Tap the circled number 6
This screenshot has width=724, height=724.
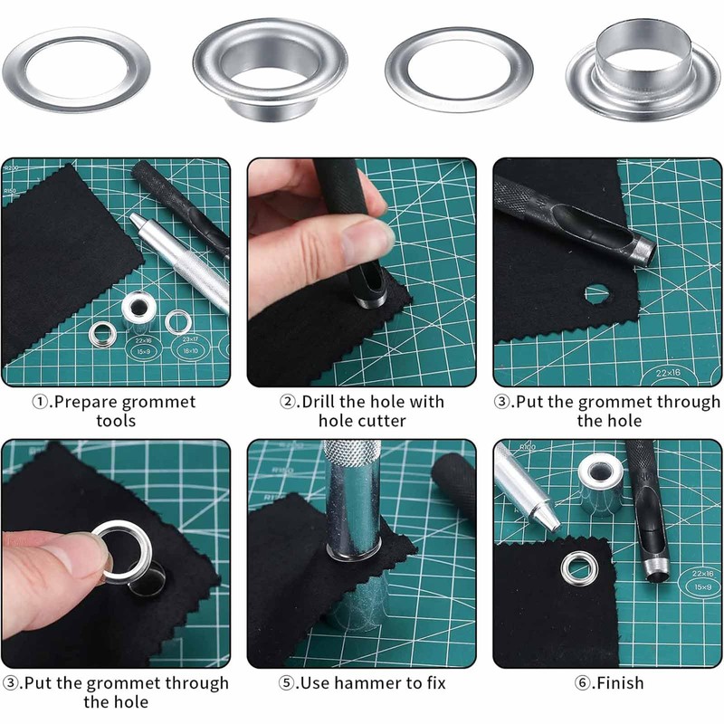[584, 682]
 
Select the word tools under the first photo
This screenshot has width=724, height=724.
[115, 421]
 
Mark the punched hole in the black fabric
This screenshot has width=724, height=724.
[596, 292]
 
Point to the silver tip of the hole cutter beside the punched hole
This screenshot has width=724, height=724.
[643, 250]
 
